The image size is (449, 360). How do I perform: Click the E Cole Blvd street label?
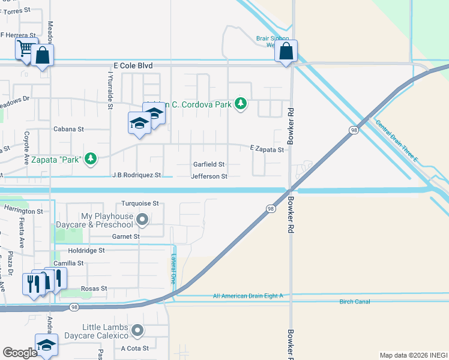pos(132,65)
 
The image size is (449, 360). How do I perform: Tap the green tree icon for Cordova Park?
pos(241,104)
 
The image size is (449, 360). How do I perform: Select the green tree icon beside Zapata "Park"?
pos(91,158)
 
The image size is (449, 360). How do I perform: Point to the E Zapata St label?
pos(267,149)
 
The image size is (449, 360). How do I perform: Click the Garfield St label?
pos(208,164)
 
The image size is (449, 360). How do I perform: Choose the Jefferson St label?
pos(209,176)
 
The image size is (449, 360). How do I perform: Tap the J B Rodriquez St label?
pos(137,175)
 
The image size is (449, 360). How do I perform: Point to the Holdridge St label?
pos(86,250)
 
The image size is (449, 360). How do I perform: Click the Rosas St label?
pos(95,289)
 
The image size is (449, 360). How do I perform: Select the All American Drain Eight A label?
pos(247,296)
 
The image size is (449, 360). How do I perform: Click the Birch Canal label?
pos(354,301)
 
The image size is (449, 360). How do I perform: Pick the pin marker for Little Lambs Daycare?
pos(138,330)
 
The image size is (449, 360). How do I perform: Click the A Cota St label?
pos(134,348)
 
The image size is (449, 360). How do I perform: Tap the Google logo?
pos(20,353)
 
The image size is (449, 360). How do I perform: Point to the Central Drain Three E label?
pos(396,140)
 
